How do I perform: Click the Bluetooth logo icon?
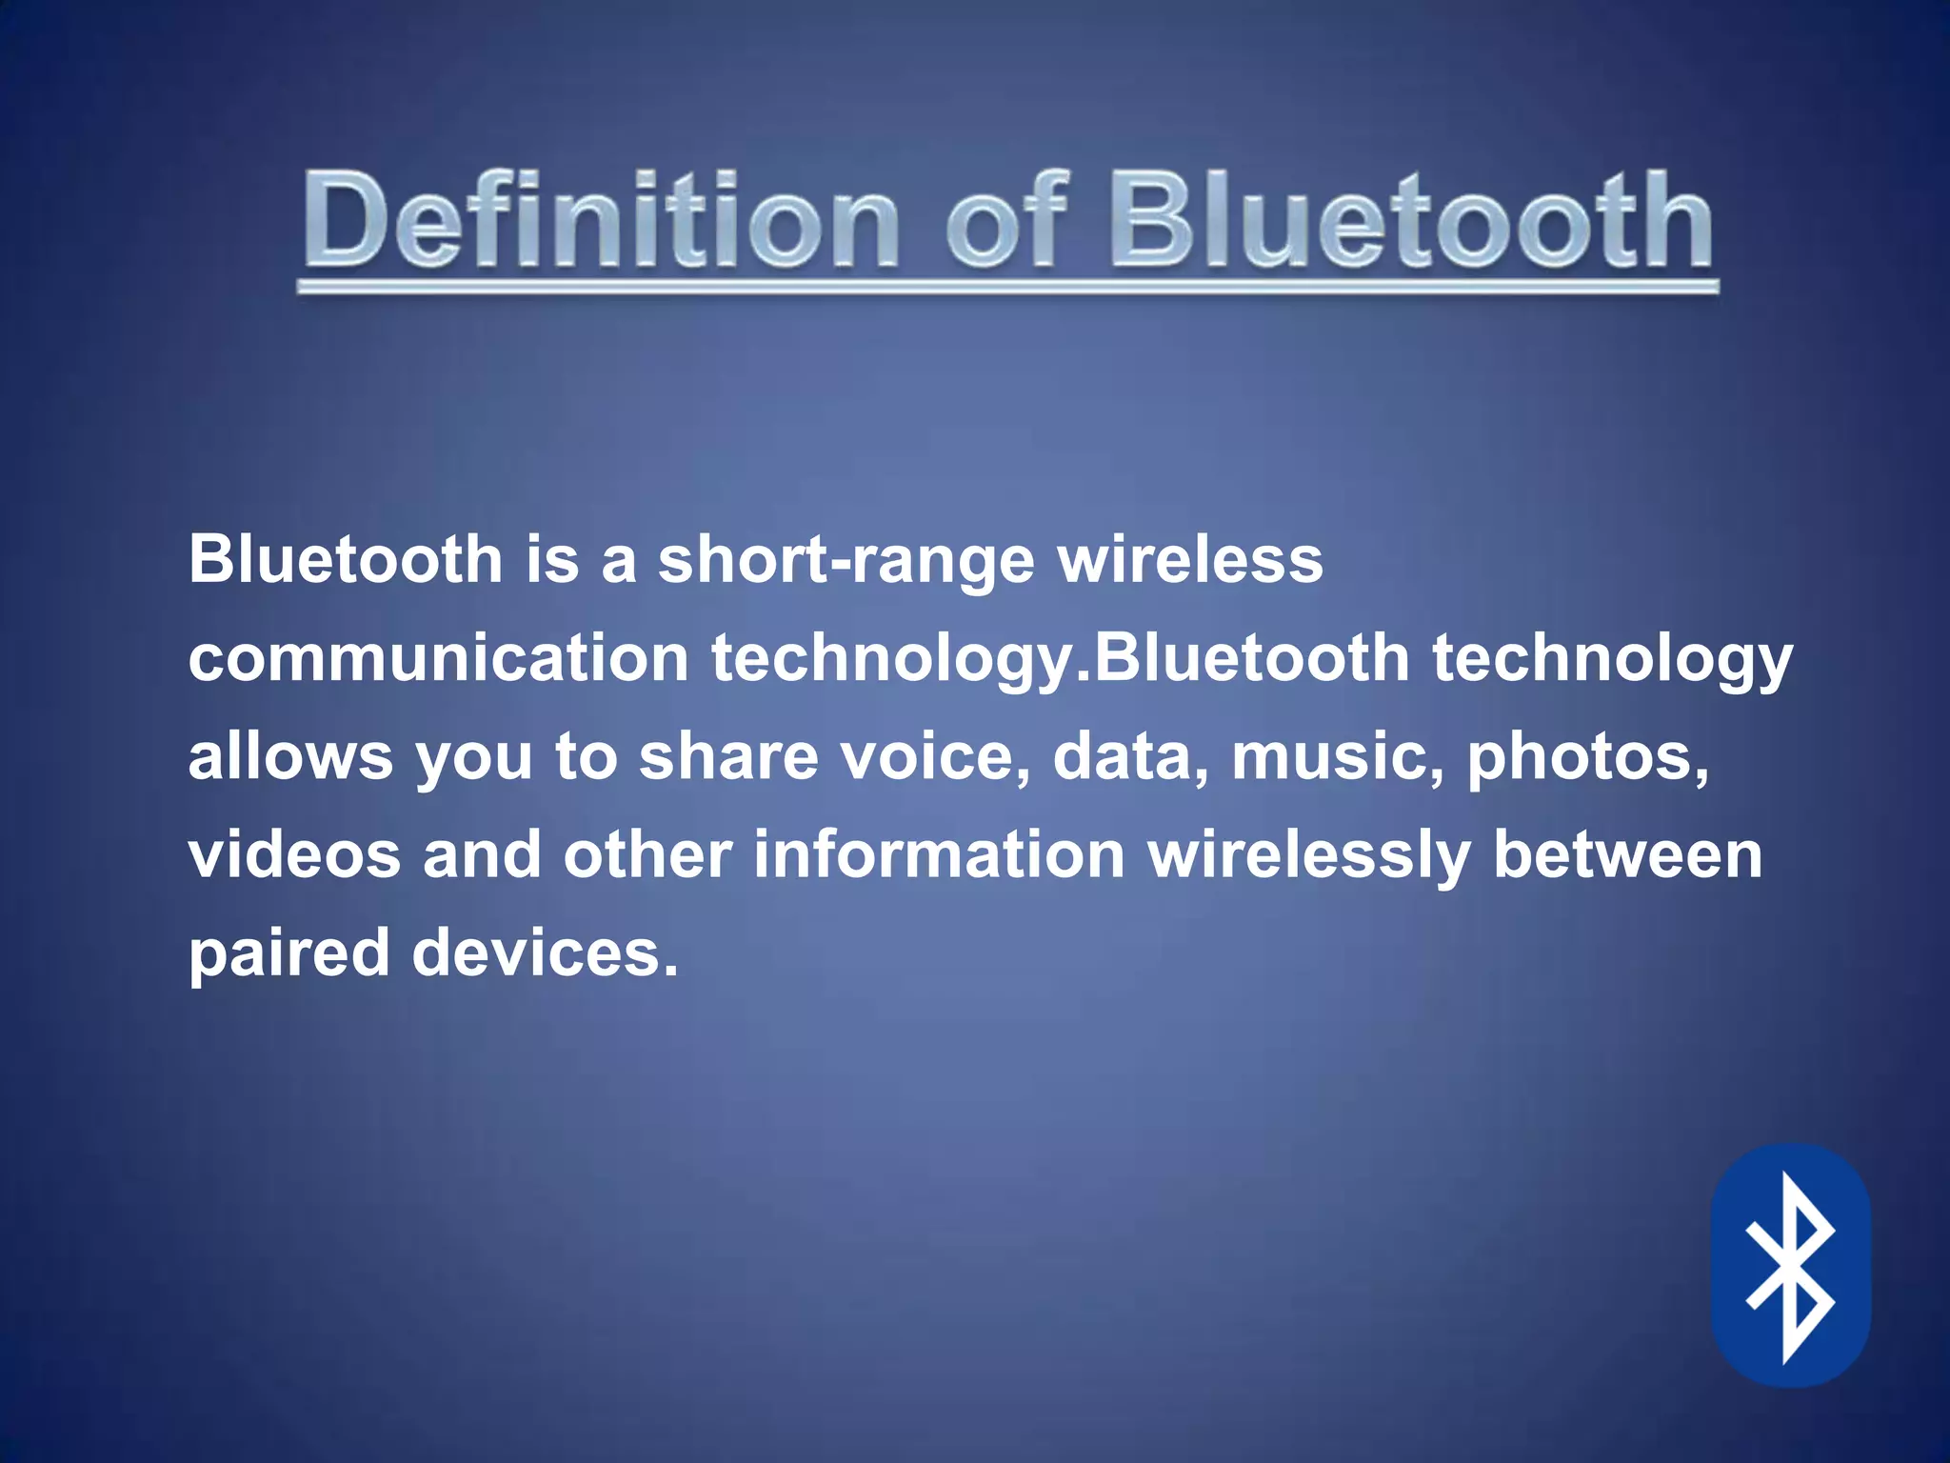point(1790,1266)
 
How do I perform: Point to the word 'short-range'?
point(846,559)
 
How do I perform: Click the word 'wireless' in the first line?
point(1190,559)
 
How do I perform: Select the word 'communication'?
point(438,658)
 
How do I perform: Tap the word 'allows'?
point(290,756)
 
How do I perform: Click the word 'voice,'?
point(936,756)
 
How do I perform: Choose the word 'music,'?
point(1338,756)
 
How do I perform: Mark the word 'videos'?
point(294,854)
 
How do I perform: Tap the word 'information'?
point(939,854)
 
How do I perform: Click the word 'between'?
point(1627,854)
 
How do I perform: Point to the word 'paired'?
point(289,954)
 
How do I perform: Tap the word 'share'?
point(728,756)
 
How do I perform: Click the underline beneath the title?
point(1007,286)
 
